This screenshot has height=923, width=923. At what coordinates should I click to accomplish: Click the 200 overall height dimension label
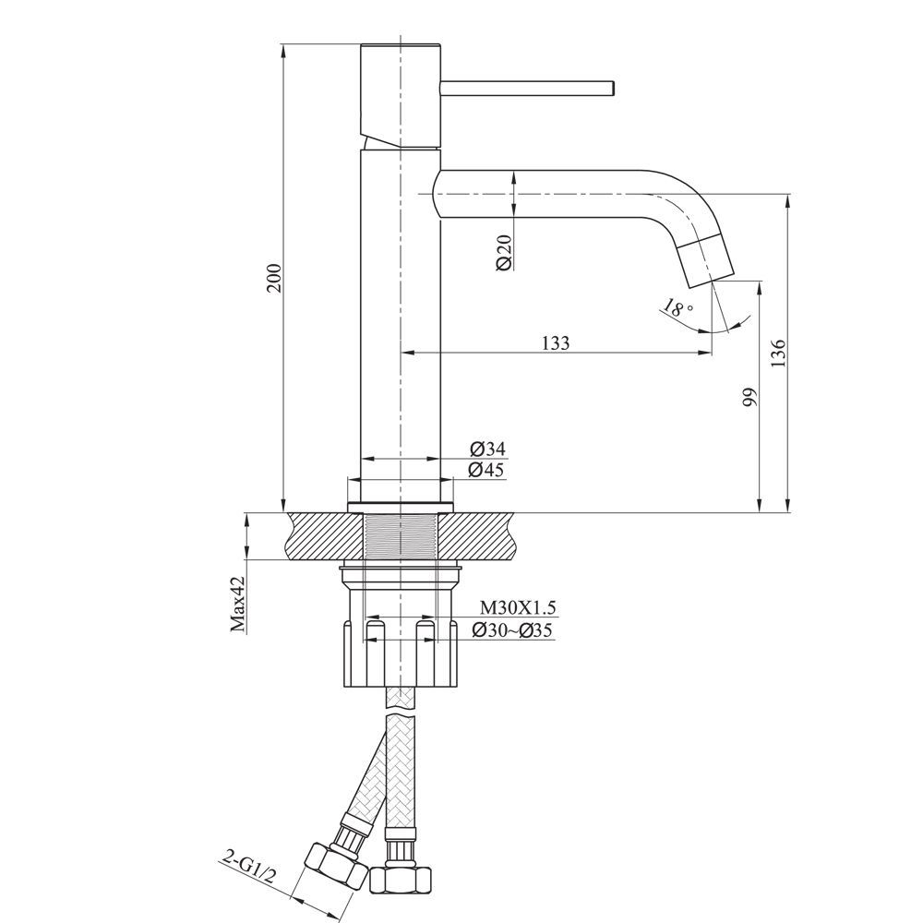[275, 277]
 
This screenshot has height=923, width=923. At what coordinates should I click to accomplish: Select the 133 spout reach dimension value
[556, 342]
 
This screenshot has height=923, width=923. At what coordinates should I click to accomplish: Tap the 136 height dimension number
[778, 353]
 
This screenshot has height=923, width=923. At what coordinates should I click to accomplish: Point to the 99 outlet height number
[749, 397]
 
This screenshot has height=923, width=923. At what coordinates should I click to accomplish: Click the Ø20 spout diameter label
[505, 251]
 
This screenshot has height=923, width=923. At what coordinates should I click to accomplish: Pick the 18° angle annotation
[677, 307]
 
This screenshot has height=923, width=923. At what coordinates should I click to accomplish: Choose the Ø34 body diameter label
[487, 450]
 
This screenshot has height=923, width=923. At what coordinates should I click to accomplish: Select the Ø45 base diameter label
[486, 470]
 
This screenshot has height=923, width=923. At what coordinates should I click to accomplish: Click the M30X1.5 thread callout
[518, 607]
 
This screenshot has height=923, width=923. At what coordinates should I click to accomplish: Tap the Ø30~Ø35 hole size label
[511, 630]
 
